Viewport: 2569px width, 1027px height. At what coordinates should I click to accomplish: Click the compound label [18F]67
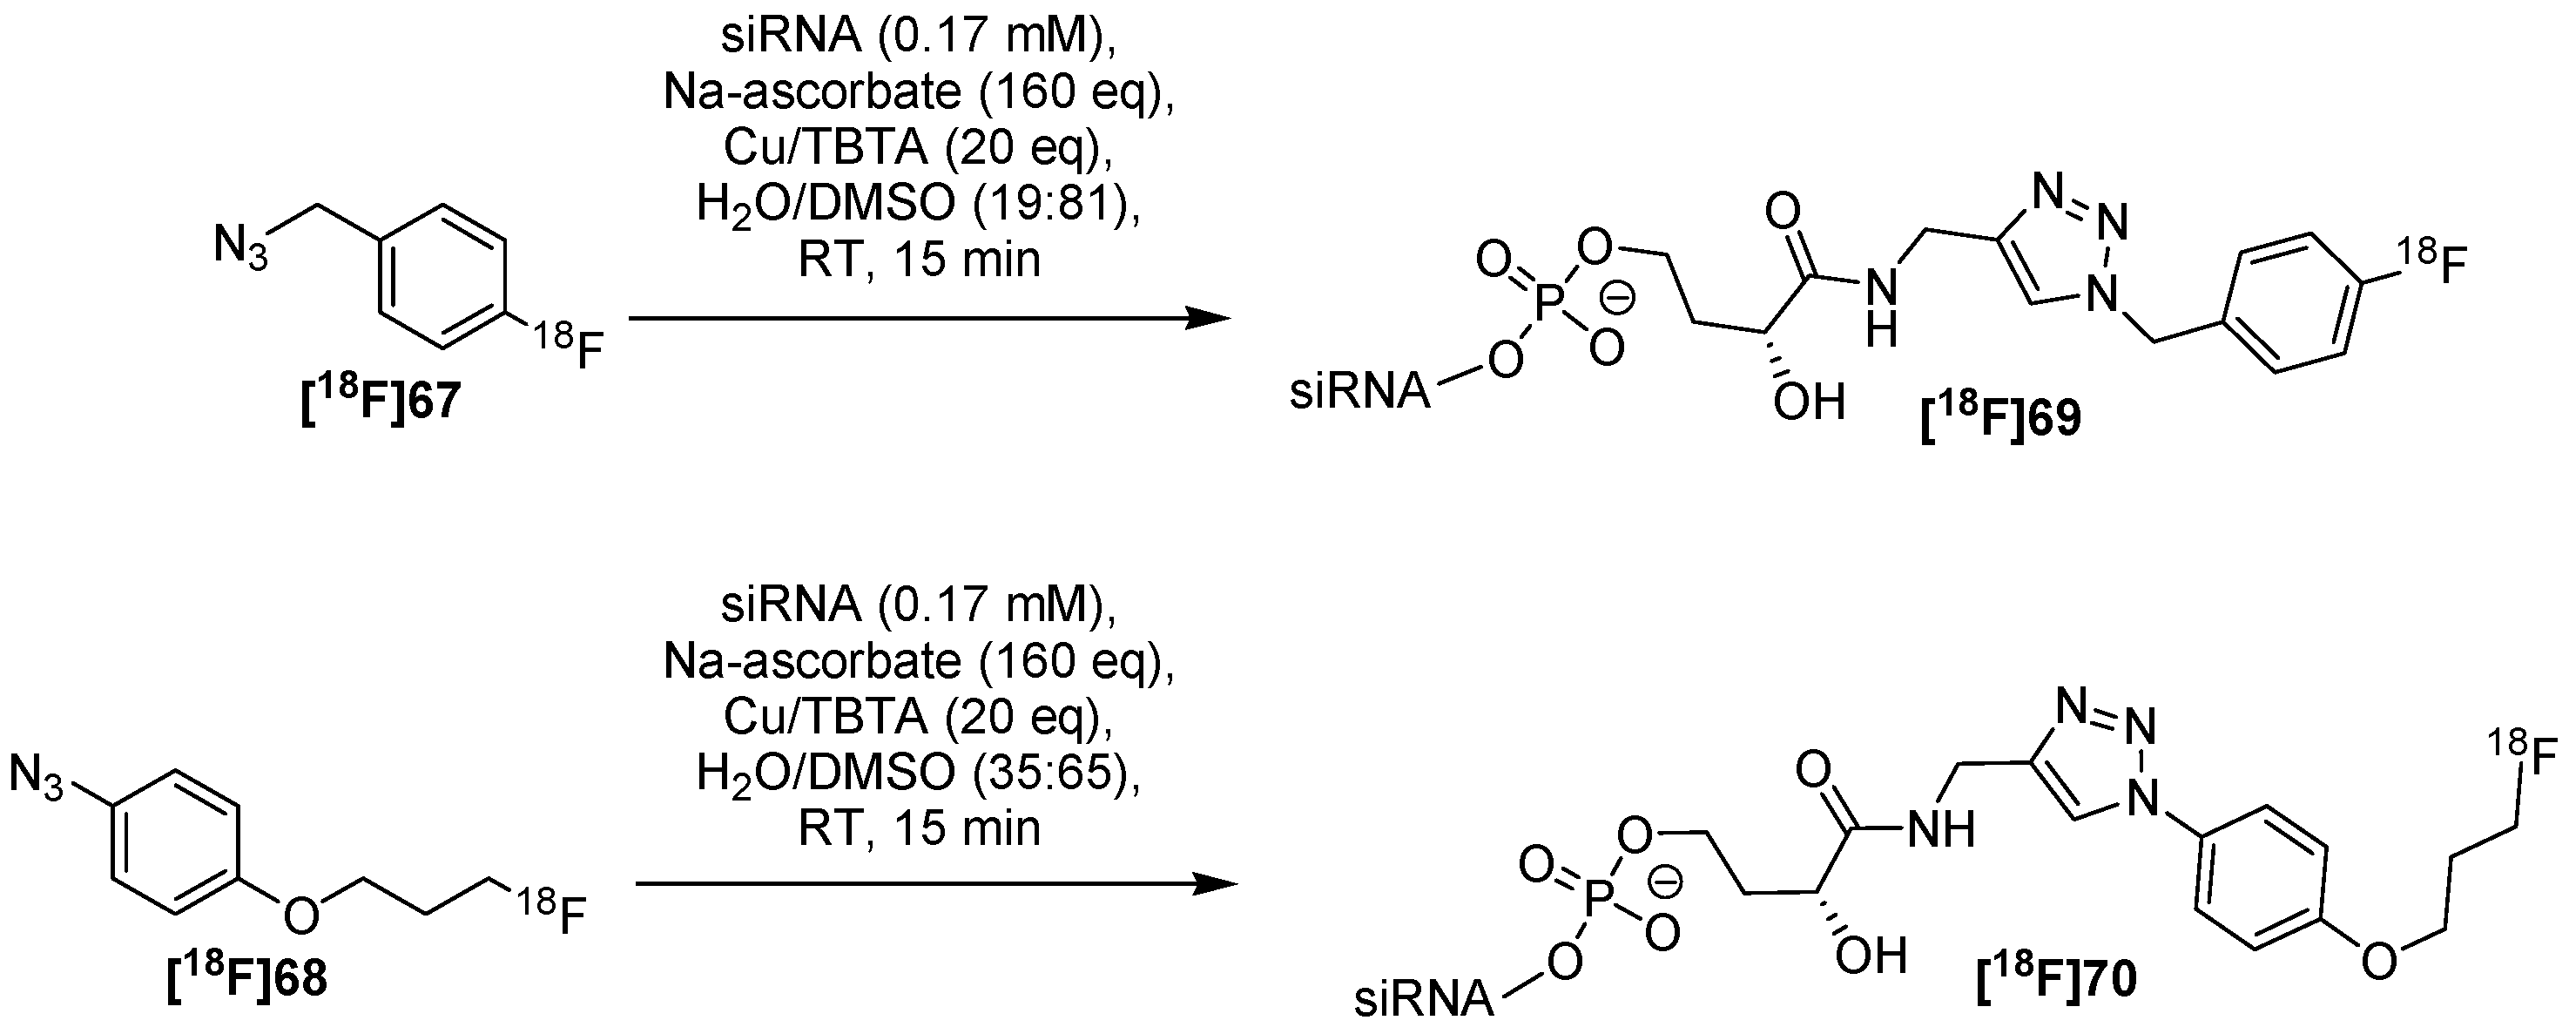(380, 402)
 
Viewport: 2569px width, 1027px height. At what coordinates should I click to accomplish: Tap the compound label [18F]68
(246, 978)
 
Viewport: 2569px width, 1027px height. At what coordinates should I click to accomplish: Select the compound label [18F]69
(2000, 419)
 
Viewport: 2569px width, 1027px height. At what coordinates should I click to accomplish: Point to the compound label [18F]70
(2056, 978)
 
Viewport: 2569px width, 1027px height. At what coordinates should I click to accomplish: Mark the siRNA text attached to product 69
(1359, 392)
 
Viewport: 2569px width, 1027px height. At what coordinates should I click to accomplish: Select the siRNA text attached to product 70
(1423, 997)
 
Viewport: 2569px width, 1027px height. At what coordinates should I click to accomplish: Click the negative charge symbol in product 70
(1665, 882)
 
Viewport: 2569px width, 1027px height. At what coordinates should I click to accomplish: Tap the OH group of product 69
(1808, 402)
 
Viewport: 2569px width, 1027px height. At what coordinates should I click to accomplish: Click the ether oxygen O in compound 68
(301, 911)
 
